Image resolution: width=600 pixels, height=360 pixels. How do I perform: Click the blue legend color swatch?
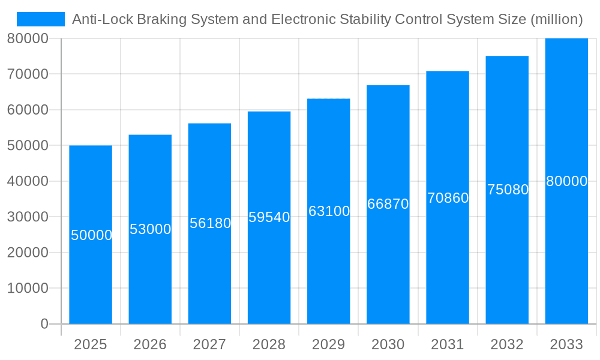click(x=40, y=19)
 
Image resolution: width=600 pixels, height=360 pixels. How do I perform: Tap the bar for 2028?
click(x=269, y=270)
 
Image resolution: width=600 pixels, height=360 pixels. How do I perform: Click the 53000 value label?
click(x=150, y=229)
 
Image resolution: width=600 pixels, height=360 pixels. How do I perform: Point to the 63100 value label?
click(x=329, y=211)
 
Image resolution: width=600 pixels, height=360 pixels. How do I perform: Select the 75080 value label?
click(x=508, y=190)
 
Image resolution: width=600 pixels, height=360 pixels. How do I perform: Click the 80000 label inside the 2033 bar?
click(x=566, y=181)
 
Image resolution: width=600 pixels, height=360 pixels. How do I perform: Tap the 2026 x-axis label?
click(x=150, y=344)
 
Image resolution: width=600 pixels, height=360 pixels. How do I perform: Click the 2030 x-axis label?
click(x=388, y=344)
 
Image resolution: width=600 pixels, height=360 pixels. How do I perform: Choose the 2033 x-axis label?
click(x=566, y=344)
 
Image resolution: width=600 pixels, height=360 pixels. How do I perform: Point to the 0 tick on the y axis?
click(x=44, y=324)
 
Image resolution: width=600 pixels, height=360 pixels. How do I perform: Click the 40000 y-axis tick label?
click(x=28, y=181)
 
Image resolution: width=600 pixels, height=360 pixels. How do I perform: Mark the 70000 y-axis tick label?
click(x=28, y=74)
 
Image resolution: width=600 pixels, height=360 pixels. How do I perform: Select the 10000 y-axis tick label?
click(x=28, y=289)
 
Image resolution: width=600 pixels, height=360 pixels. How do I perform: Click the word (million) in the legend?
click(x=556, y=20)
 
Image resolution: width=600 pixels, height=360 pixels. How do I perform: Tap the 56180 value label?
click(x=210, y=223)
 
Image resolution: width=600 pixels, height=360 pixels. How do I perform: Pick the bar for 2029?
click(x=329, y=270)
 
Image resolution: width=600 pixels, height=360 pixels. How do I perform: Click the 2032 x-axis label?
click(x=507, y=344)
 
